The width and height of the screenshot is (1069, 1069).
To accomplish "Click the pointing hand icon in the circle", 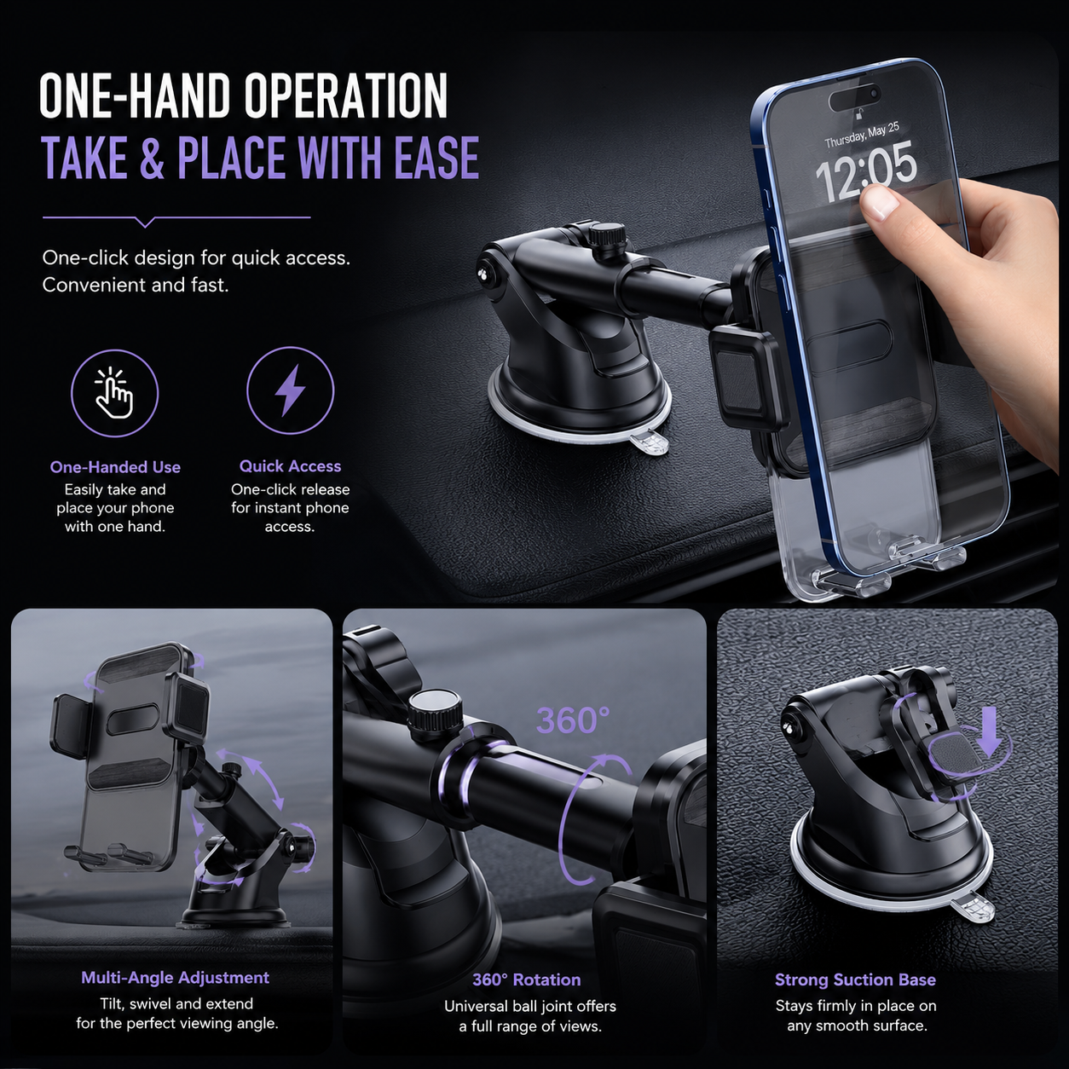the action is (x=115, y=392).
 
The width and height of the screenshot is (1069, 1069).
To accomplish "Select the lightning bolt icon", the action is (x=290, y=390).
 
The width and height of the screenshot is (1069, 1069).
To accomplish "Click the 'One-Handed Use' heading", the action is (x=115, y=467).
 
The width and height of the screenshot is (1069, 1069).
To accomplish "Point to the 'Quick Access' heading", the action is (x=290, y=466).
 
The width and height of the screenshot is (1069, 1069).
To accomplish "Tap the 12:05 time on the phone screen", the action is (x=865, y=170).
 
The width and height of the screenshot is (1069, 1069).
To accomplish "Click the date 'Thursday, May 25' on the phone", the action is (x=861, y=135).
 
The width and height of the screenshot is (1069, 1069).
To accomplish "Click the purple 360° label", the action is (x=573, y=720).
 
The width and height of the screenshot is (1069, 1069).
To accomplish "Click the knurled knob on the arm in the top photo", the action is (x=604, y=238).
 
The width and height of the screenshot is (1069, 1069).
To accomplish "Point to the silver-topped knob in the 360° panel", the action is (x=436, y=709).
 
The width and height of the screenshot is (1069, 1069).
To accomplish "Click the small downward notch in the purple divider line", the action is (x=146, y=222).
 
